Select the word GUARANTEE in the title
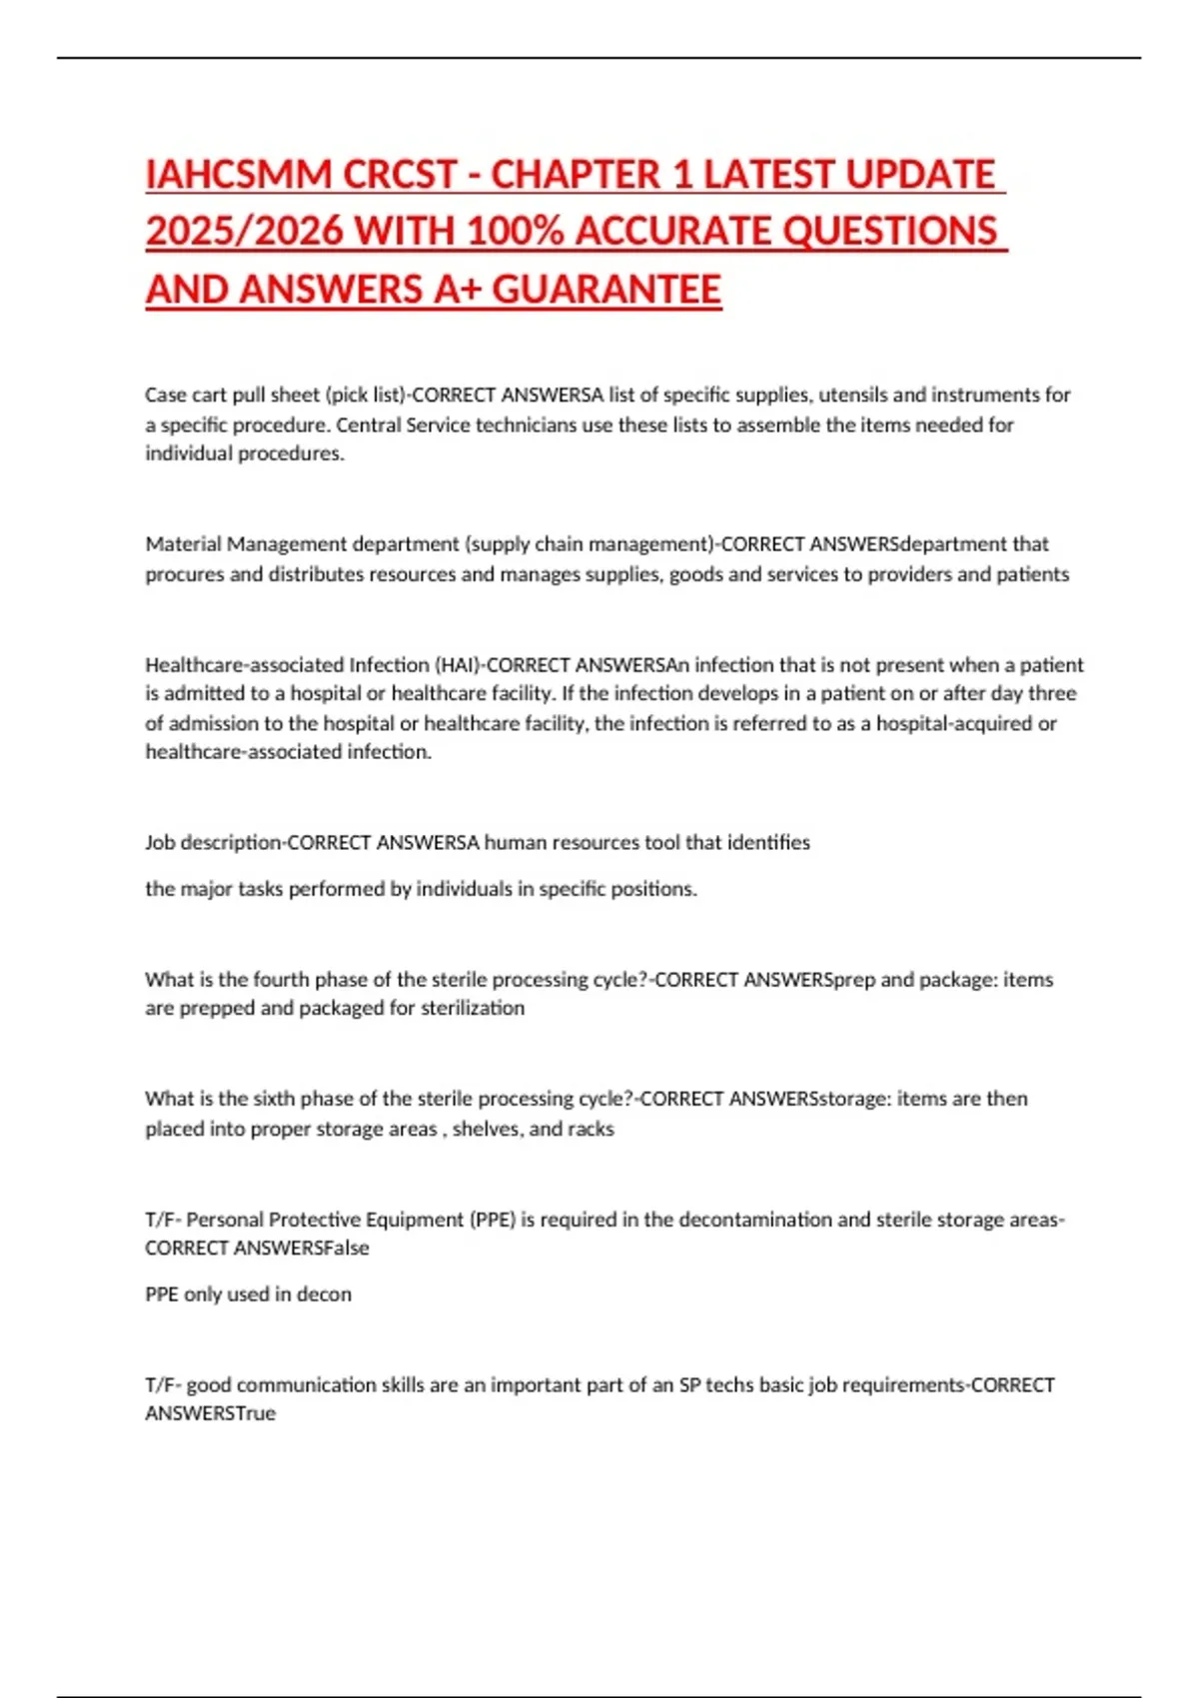[x=606, y=290]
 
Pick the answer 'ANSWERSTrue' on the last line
[x=210, y=1413]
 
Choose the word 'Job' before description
[x=160, y=843]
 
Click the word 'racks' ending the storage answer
[x=591, y=1129]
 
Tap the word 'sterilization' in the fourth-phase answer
[x=473, y=1008]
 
